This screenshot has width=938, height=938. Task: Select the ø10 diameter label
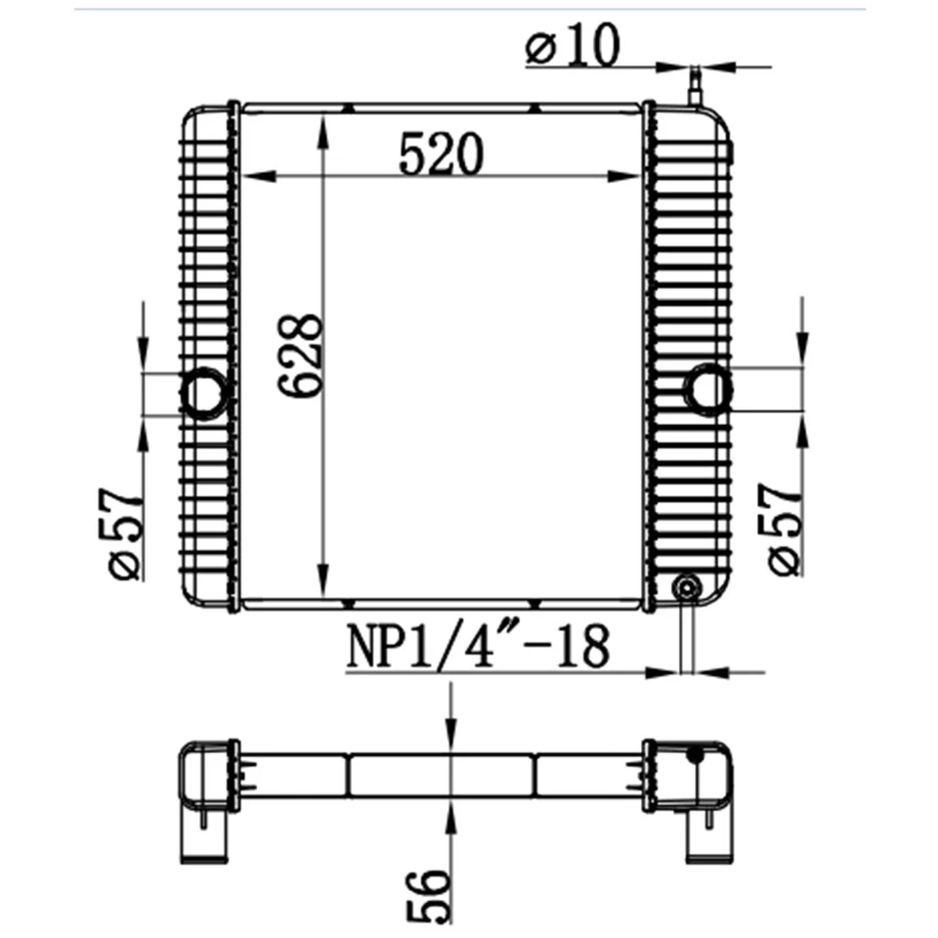[x=573, y=47]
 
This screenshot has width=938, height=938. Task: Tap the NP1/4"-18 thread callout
[x=478, y=648]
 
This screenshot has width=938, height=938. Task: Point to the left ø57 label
[x=126, y=533]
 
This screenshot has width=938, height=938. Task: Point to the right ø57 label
[x=786, y=529]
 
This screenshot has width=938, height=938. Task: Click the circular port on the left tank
[x=204, y=394]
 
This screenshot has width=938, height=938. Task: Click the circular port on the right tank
[x=706, y=389]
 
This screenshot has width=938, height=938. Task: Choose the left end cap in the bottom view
[x=206, y=797]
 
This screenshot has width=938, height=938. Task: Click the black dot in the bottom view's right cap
[x=696, y=753]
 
